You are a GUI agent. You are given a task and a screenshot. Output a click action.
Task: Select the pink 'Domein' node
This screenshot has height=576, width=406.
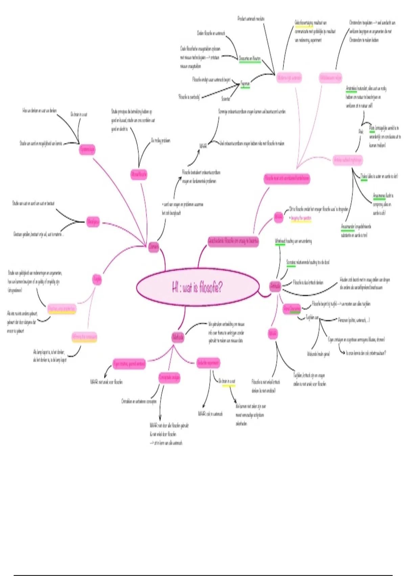tap(154, 246)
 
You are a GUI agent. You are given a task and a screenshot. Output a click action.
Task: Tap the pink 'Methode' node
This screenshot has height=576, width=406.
tap(178, 337)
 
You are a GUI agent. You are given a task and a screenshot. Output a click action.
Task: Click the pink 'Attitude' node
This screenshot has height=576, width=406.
tap(275, 286)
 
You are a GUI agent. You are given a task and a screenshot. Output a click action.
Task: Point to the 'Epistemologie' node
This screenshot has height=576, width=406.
tap(87, 149)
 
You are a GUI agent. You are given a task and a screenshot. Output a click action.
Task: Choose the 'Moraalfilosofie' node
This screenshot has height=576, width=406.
tap(139, 174)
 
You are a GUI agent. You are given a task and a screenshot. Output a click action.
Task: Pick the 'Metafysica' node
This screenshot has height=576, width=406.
tap(93, 222)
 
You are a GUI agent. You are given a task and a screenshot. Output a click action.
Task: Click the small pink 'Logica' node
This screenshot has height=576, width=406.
tap(97, 280)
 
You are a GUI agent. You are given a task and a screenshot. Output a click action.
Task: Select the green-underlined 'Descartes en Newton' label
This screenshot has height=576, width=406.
tap(250, 59)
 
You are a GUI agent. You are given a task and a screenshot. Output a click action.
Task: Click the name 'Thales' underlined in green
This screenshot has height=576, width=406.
tap(364, 177)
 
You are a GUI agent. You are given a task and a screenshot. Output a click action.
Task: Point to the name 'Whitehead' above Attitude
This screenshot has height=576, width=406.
tap(280, 241)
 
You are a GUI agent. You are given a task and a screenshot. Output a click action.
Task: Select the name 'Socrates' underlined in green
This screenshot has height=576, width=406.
tap(291, 262)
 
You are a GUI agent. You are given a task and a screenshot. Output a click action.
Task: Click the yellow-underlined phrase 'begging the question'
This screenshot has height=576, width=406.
tap(301, 218)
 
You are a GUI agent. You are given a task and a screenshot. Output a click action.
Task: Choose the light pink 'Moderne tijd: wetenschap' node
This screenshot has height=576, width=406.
tap(289, 78)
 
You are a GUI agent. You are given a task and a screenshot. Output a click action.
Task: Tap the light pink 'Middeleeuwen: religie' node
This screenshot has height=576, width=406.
tap(331, 78)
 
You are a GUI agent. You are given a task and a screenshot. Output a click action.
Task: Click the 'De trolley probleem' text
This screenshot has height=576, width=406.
tap(160, 141)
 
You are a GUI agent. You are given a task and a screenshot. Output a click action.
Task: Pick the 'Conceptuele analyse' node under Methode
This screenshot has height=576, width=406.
tap(169, 377)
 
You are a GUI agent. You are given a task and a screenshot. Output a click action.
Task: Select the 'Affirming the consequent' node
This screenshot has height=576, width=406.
tap(84, 337)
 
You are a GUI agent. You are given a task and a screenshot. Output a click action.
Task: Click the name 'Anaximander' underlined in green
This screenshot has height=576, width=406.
tap(348, 226)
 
